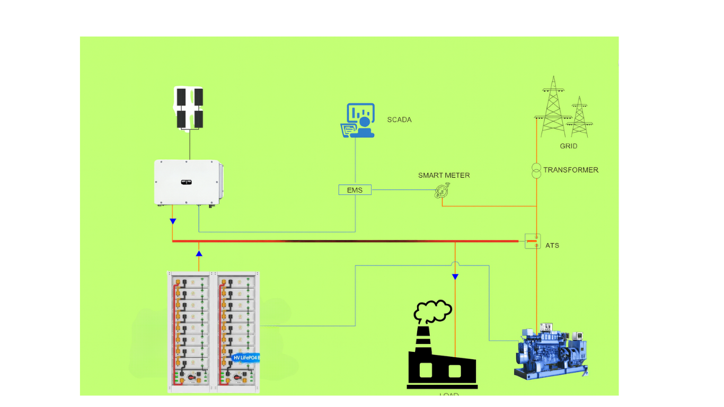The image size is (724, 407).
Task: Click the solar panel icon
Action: (x=190, y=108)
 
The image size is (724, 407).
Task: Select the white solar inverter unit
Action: (x=188, y=182)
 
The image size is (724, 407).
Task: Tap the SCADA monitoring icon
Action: (x=358, y=120)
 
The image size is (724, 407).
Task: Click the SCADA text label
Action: (x=399, y=120)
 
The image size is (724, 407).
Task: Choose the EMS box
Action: (x=355, y=190)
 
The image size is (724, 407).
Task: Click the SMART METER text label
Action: (x=444, y=175)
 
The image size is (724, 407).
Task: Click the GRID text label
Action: (x=569, y=146)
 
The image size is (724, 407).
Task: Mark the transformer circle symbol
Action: (x=536, y=171)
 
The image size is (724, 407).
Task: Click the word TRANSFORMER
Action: (x=571, y=170)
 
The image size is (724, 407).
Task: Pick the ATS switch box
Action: (x=532, y=241)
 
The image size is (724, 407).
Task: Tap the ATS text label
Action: (x=552, y=246)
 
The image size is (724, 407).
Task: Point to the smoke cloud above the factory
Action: (x=433, y=311)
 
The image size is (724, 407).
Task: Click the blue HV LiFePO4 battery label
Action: (x=246, y=358)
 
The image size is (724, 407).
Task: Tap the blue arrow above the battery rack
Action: (x=199, y=253)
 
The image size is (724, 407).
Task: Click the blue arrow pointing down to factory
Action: (x=455, y=277)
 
